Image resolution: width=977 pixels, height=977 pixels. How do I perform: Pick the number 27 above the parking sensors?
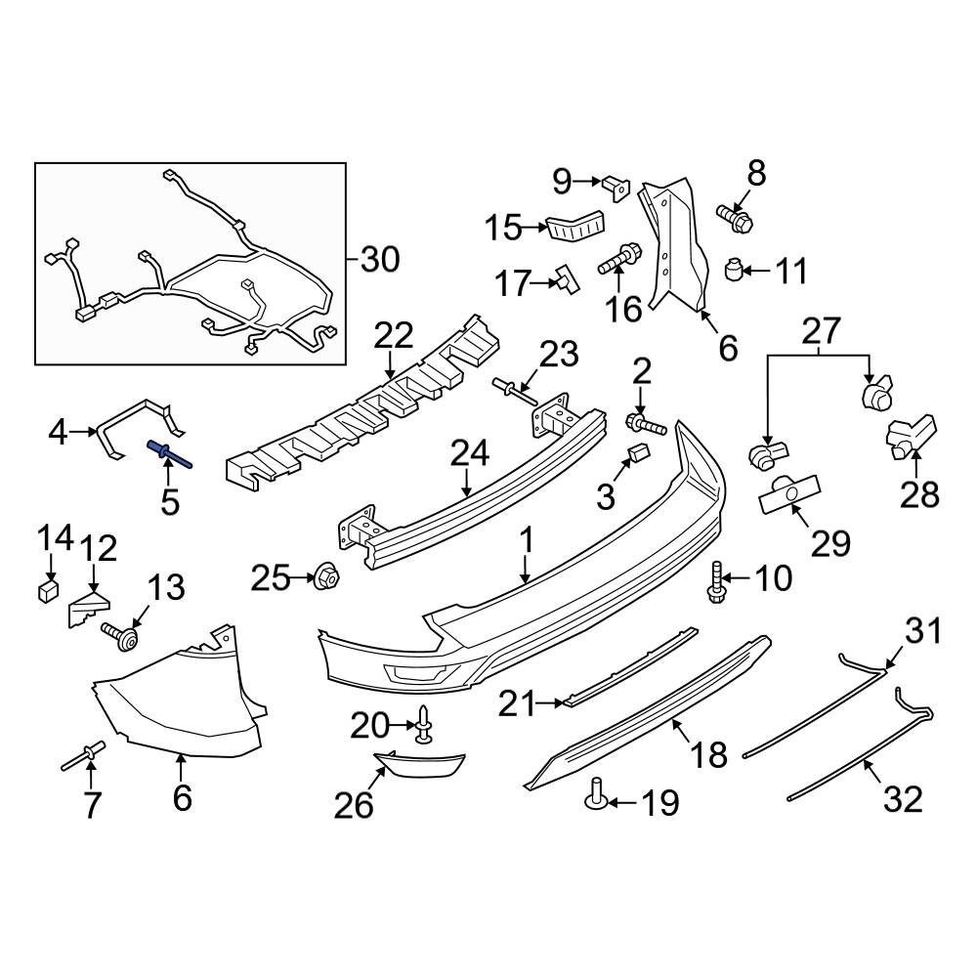(x=820, y=332)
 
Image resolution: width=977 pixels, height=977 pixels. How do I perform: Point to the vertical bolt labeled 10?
(x=715, y=581)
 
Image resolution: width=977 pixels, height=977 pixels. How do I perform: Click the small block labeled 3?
(x=639, y=452)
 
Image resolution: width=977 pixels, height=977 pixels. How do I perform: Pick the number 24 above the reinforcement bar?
(x=468, y=453)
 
